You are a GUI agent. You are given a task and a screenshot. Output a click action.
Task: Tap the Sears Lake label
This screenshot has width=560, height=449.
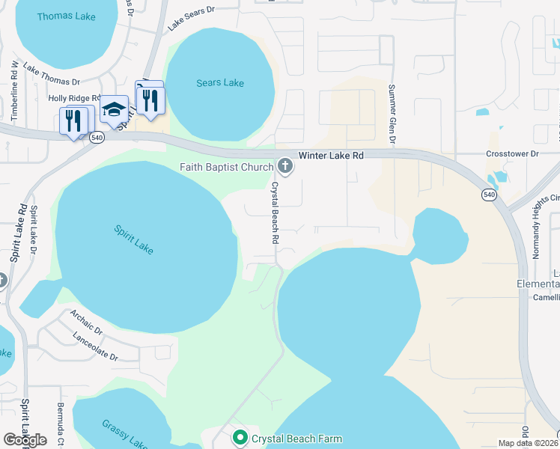pyautogui.click(x=220, y=82)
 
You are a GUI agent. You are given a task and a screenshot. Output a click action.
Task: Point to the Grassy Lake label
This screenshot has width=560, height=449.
pyautogui.click(x=124, y=433)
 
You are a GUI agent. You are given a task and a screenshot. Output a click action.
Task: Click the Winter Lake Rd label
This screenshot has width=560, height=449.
pyautogui.click(x=331, y=155)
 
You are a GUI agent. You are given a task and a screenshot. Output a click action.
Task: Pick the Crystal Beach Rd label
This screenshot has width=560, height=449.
pyautogui.click(x=275, y=213)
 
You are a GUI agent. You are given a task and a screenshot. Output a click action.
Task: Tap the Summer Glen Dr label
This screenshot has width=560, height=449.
pyautogui.click(x=391, y=114)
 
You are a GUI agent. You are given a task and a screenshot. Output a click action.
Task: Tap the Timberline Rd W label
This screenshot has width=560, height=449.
pyautogui.click(x=14, y=89)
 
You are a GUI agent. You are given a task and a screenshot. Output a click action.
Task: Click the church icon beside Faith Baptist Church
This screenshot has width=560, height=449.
pyautogui.click(x=284, y=165)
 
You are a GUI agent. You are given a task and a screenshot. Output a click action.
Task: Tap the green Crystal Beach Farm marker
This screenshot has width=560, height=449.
pyautogui.click(x=240, y=437)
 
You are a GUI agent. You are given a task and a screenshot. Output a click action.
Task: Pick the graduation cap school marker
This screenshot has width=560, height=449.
pyautogui.click(x=114, y=111)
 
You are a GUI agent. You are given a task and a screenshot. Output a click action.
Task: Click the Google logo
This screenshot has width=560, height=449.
pyautogui.click(x=25, y=440)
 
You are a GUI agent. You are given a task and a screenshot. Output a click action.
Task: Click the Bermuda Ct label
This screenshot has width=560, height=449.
pyautogui.click(x=60, y=423)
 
